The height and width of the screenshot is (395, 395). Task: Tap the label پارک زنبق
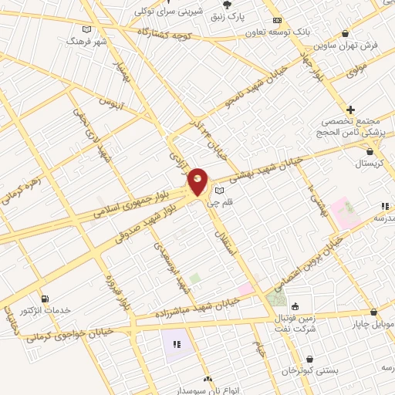pos(249,15)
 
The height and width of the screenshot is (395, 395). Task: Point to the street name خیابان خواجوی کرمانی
pos(69,334)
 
